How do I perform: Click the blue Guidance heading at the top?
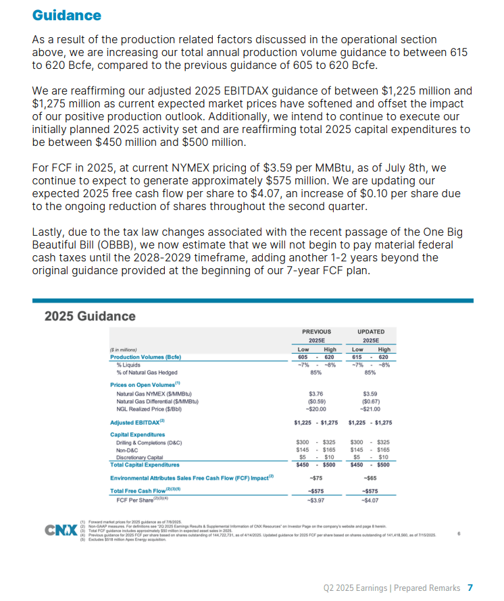(67, 15)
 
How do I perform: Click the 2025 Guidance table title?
(89, 316)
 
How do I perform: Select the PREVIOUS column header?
(316, 332)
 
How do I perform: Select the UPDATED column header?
(370, 332)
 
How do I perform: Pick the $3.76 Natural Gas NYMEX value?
(316, 393)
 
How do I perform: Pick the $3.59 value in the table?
(370, 393)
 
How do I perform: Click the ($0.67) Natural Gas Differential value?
(370, 400)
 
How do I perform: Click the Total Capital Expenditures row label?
(145, 465)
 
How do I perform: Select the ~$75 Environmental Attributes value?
(315, 477)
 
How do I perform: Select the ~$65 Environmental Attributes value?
(370, 477)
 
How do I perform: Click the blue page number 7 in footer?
(470, 587)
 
